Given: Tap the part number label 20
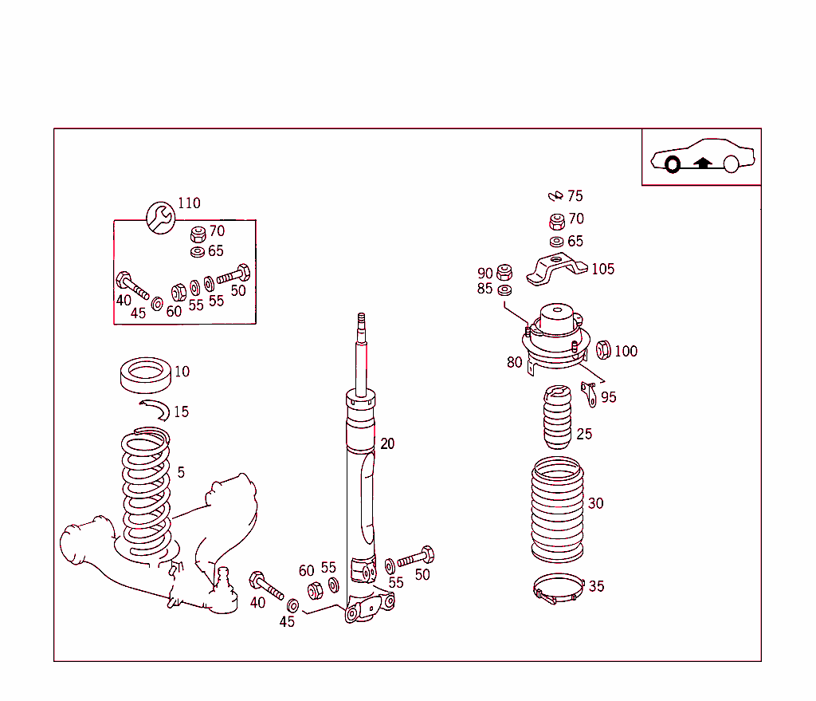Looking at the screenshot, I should coord(387,444).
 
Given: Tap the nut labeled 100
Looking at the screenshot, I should coord(603,349).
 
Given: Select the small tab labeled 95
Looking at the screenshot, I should coord(590,392).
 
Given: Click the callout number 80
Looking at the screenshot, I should coord(515,363).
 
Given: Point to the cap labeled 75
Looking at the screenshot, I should coord(555,196).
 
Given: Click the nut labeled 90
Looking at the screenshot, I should coord(504,272).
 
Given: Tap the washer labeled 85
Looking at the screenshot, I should coord(504,289).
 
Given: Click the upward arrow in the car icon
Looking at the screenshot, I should coord(702,163).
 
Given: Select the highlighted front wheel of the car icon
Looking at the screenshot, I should coord(672,165).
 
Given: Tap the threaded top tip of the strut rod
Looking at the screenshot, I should coord(361,321).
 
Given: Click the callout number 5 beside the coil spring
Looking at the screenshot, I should coord(181,473).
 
